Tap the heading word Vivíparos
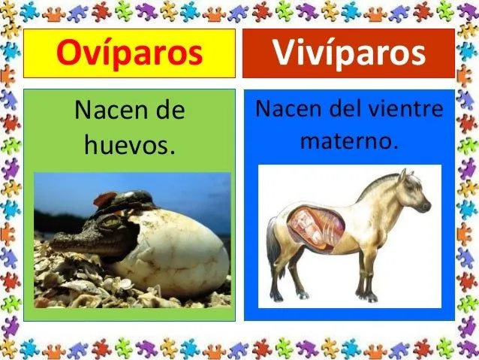click(349, 53)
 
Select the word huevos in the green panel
click(129, 143)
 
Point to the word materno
click(349, 139)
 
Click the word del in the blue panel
click(351, 109)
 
